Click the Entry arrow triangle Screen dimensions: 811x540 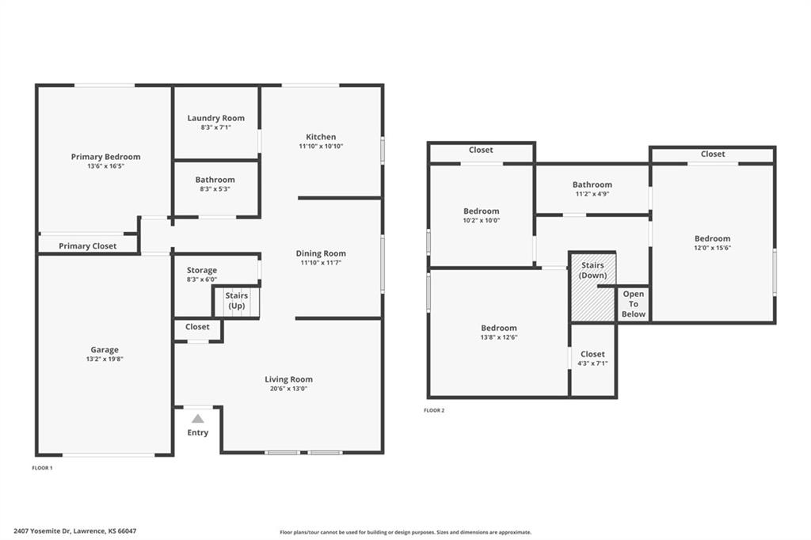[x=198, y=418]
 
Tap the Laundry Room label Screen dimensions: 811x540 [x=215, y=118]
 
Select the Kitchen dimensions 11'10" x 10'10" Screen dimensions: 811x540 [x=321, y=146]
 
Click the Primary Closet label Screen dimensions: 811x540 [x=87, y=245]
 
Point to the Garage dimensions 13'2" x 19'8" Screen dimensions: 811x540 [x=105, y=359]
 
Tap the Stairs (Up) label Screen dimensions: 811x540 [x=236, y=301]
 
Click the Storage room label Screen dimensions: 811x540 [x=202, y=270]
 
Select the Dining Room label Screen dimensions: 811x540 [x=321, y=253]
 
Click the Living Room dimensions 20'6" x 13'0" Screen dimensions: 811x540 [x=288, y=389]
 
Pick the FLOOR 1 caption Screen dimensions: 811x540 [x=43, y=468]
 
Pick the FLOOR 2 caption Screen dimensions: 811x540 [x=434, y=411]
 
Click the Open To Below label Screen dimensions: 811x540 [x=634, y=303]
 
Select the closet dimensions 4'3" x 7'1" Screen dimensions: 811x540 [x=592, y=363]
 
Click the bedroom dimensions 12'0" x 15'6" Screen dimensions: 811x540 [x=712, y=248]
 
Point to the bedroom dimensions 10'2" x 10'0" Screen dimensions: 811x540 [x=481, y=220]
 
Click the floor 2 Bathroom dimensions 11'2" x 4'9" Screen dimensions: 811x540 [x=592, y=194]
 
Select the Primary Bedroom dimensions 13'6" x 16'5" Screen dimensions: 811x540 [x=105, y=166]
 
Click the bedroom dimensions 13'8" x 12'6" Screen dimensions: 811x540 [x=499, y=337]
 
